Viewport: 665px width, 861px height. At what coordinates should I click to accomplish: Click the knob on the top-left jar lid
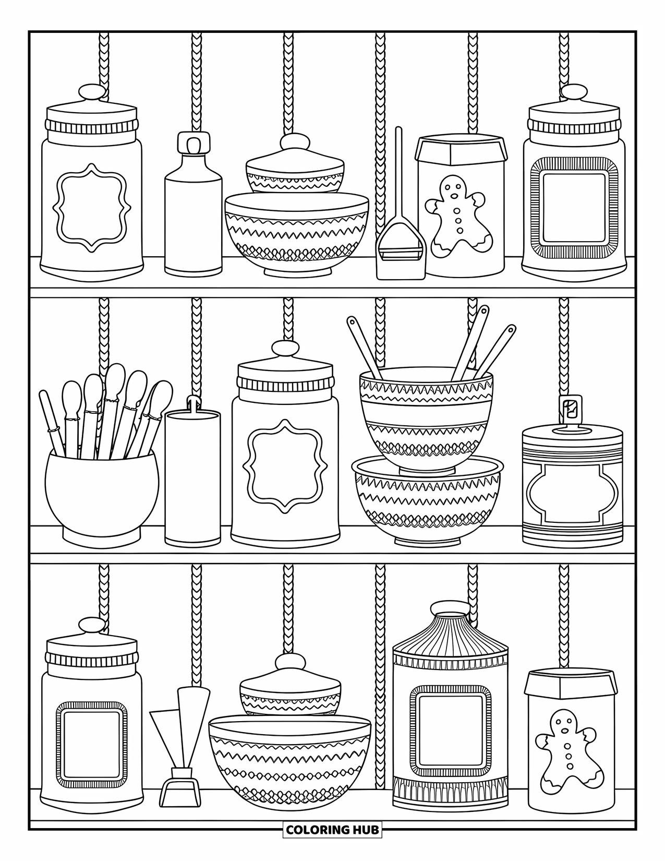point(92,94)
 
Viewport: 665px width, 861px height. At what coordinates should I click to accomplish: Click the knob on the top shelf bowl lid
point(295,142)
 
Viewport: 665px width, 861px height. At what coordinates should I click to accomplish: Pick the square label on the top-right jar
point(574,209)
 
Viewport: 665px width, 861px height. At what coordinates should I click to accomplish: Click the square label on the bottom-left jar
point(92,748)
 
